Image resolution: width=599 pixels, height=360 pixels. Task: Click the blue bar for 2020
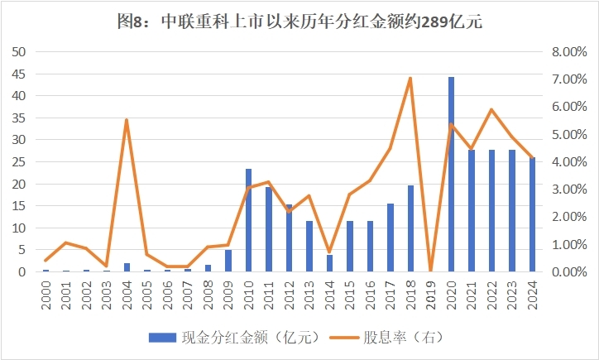coord(452,174)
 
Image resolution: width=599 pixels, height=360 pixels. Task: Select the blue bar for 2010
coord(248,220)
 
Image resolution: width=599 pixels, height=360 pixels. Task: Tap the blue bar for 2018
coord(411,228)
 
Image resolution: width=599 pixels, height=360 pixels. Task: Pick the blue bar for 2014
coord(329,263)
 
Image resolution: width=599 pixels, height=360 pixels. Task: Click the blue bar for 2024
coord(533,214)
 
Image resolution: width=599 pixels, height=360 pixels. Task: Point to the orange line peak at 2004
coord(127,120)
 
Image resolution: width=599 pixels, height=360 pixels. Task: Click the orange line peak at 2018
coord(411,78)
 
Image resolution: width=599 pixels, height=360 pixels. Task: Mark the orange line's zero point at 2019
coord(431,271)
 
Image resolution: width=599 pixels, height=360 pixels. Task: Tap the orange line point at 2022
coord(492,109)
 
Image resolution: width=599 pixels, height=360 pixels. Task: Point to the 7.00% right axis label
coord(568,79)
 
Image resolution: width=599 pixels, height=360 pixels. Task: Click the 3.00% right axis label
coord(568,190)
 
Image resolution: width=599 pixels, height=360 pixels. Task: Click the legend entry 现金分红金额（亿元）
coord(240,338)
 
